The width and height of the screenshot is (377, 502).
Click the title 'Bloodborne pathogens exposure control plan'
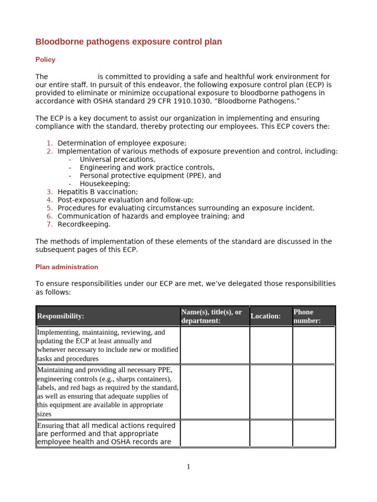(x=129, y=42)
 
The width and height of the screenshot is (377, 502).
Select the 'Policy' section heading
(x=45, y=60)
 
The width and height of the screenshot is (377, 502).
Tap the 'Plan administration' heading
(x=67, y=267)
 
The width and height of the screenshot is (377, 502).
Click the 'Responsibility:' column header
(x=61, y=316)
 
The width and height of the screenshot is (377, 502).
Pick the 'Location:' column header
(x=266, y=316)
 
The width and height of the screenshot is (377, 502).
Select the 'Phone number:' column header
(x=307, y=316)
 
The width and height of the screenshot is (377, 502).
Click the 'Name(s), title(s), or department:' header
(x=212, y=316)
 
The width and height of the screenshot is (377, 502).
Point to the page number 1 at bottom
(x=188, y=467)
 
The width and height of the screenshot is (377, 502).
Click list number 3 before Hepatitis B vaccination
(x=50, y=192)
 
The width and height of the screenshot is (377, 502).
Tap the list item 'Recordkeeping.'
(x=84, y=225)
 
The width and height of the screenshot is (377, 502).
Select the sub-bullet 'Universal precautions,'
(x=117, y=159)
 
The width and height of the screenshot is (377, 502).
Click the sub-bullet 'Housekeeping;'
(x=105, y=183)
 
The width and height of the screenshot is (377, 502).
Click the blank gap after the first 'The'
(x=73, y=77)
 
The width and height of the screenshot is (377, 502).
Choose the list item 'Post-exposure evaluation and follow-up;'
(x=126, y=200)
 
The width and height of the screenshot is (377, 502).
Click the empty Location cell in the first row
(x=271, y=345)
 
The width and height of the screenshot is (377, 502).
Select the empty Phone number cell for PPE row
(x=314, y=391)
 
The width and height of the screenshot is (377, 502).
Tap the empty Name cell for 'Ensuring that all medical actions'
(x=215, y=433)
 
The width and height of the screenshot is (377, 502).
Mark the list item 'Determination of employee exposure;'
(x=122, y=143)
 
